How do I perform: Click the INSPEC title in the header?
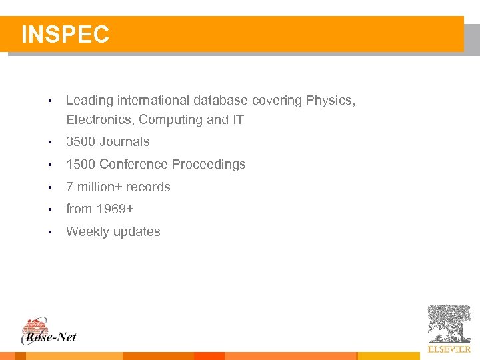tap(65, 35)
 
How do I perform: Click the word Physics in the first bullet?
tap(330, 101)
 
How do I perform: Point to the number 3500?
tap(81, 142)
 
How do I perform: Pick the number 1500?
tap(81, 165)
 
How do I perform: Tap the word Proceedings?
tap(209, 165)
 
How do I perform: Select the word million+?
tap(99, 187)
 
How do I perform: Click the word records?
tap(148, 187)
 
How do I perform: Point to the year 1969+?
tap(115, 209)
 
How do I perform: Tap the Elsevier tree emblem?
tap(449, 324)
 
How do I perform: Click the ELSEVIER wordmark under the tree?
tap(449, 349)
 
